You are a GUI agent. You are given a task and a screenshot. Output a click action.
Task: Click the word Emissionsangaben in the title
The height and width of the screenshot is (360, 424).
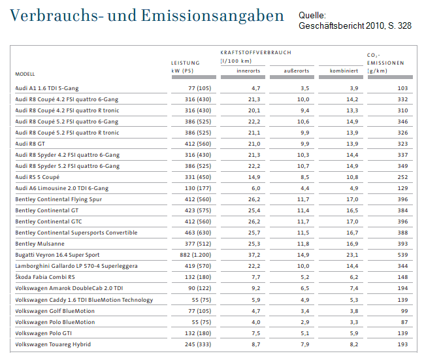coord(212,16)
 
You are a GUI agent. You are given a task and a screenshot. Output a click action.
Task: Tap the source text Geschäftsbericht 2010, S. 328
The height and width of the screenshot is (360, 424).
coord(355,25)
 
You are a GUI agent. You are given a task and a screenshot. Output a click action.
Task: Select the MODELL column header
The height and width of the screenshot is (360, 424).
coord(25,74)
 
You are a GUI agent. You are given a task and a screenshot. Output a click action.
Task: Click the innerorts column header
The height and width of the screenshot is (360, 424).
coord(248,71)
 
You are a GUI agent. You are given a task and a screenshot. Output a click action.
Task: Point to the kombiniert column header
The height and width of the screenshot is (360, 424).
coord(344,71)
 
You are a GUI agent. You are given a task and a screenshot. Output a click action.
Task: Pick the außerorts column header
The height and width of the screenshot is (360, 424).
coord(297,71)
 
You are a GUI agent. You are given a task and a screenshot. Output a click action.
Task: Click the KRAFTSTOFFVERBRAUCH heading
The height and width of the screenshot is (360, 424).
coord(256,52)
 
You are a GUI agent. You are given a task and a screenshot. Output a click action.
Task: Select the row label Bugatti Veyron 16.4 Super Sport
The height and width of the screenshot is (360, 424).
coord(57,255)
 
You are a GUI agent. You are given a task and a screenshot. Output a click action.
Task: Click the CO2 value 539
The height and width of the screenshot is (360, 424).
coord(402,255)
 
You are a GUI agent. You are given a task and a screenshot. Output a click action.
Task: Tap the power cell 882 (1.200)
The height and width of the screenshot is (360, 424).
coord(195,255)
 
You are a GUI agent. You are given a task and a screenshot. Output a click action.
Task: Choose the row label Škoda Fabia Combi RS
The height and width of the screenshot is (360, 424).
coord(45,277)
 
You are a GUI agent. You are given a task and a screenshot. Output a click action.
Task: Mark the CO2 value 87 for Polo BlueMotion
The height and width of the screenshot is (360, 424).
coord(404,322)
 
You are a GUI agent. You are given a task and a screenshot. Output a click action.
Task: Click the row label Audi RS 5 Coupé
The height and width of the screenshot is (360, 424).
coord(37,177)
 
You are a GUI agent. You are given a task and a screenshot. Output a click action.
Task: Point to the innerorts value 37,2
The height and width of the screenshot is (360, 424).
coord(254,255)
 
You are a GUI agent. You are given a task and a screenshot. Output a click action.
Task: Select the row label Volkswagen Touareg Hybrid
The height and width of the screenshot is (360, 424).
coord(53,344)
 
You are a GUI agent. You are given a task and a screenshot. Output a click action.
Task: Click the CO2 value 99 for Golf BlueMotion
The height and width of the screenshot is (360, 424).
coord(404,311)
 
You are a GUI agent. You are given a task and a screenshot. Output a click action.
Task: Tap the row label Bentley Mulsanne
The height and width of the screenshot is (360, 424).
coord(40,244)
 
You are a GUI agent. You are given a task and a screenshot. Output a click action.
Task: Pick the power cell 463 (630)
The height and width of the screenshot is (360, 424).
coord(198,233)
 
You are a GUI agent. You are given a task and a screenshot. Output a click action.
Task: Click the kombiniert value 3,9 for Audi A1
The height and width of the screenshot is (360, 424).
coord(354,88)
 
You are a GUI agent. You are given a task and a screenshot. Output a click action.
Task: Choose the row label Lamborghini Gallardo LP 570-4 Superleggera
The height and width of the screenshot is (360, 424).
coord(76,266)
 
